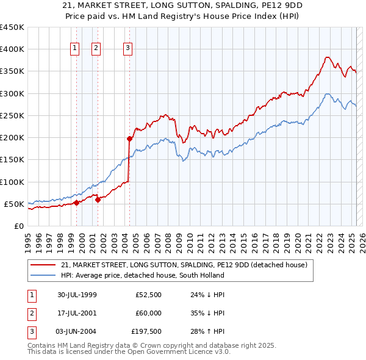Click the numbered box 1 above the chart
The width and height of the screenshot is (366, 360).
tap(74, 48)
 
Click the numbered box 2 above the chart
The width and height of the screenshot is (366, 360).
tap(96, 48)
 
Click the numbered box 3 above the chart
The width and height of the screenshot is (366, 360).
tap(127, 48)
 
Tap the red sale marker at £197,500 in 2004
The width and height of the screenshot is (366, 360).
tap(129, 139)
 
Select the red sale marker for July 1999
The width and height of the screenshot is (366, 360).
tap(77, 203)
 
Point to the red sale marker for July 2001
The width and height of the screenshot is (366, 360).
tap(98, 200)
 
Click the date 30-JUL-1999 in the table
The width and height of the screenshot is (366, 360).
tap(77, 295)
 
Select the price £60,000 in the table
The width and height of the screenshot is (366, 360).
tap(148, 314)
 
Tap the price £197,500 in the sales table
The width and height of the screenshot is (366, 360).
tap(146, 333)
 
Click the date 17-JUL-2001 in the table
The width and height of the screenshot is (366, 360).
tap(77, 314)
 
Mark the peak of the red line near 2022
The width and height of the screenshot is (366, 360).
tap(328, 57)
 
